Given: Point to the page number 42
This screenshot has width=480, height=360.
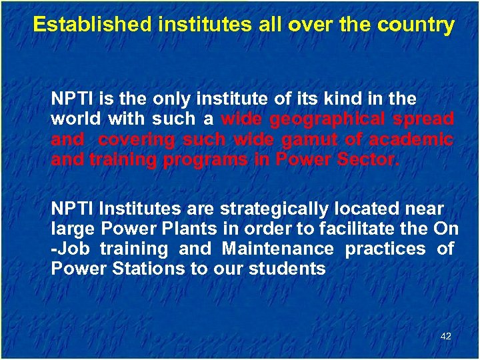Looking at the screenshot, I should pos(446,336).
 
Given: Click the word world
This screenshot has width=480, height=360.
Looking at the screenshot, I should pos(75,119).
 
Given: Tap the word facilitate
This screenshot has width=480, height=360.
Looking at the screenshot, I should pos(375,229).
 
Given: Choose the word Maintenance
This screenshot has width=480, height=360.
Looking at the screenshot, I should pos(277,249).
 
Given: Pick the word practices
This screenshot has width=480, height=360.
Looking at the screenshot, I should pos(385,249).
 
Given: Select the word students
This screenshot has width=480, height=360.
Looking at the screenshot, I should pos(288,269).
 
